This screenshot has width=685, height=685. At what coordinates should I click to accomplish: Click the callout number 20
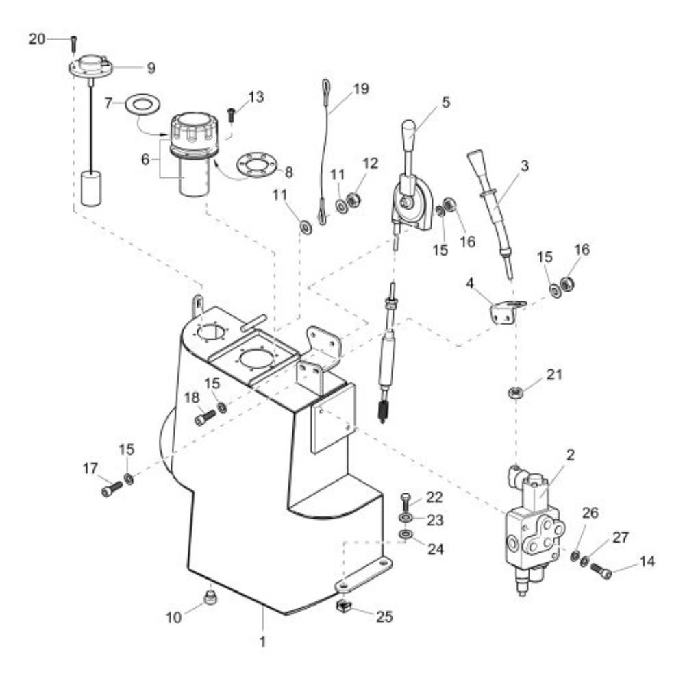(x=37, y=39)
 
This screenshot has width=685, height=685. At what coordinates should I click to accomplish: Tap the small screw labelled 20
(x=74, y=43)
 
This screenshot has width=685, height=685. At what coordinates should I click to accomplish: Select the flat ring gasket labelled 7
(x=142, y=105)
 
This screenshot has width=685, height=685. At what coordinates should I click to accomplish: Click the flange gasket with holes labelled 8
(x=257, y=166)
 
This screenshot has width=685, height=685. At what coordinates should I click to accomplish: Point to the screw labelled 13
(x=231, y=115)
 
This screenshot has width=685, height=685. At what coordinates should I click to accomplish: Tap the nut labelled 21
(x=516, y=393)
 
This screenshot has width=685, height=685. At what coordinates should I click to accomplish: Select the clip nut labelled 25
(x=345, y=606)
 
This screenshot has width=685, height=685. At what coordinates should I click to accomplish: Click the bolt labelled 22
(x=406, y=501)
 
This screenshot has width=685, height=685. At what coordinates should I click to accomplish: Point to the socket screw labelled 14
(x=601, y=571)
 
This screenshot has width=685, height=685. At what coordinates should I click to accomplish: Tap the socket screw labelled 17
(x=112, y=488)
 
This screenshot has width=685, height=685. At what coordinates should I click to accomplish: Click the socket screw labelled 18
(x=205, y=416)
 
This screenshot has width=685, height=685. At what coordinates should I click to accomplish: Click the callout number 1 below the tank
(x=262, y=643)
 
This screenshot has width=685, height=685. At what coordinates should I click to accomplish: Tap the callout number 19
(x=361, y=88)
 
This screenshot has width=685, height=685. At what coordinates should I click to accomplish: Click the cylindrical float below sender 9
(x=91, y=188)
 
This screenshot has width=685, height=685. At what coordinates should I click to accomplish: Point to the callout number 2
(x=570, y=456)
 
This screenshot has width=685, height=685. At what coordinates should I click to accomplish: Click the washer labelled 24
(x=406, y=534)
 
